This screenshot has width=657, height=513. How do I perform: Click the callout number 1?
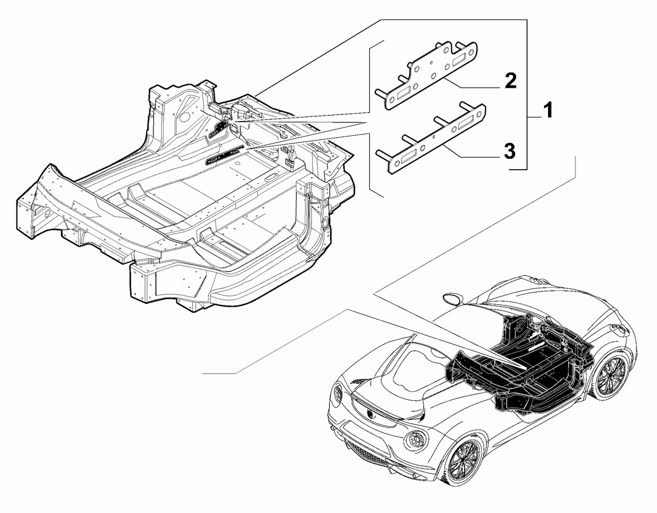point(548,111)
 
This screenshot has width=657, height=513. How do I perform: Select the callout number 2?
point(510,80)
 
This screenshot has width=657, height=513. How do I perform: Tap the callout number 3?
point(510,151)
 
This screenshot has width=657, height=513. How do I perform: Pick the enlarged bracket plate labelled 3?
point(432,138)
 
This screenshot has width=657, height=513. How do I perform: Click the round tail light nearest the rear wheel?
point(415,439)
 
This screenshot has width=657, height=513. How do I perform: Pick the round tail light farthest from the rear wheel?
point(337,393)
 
